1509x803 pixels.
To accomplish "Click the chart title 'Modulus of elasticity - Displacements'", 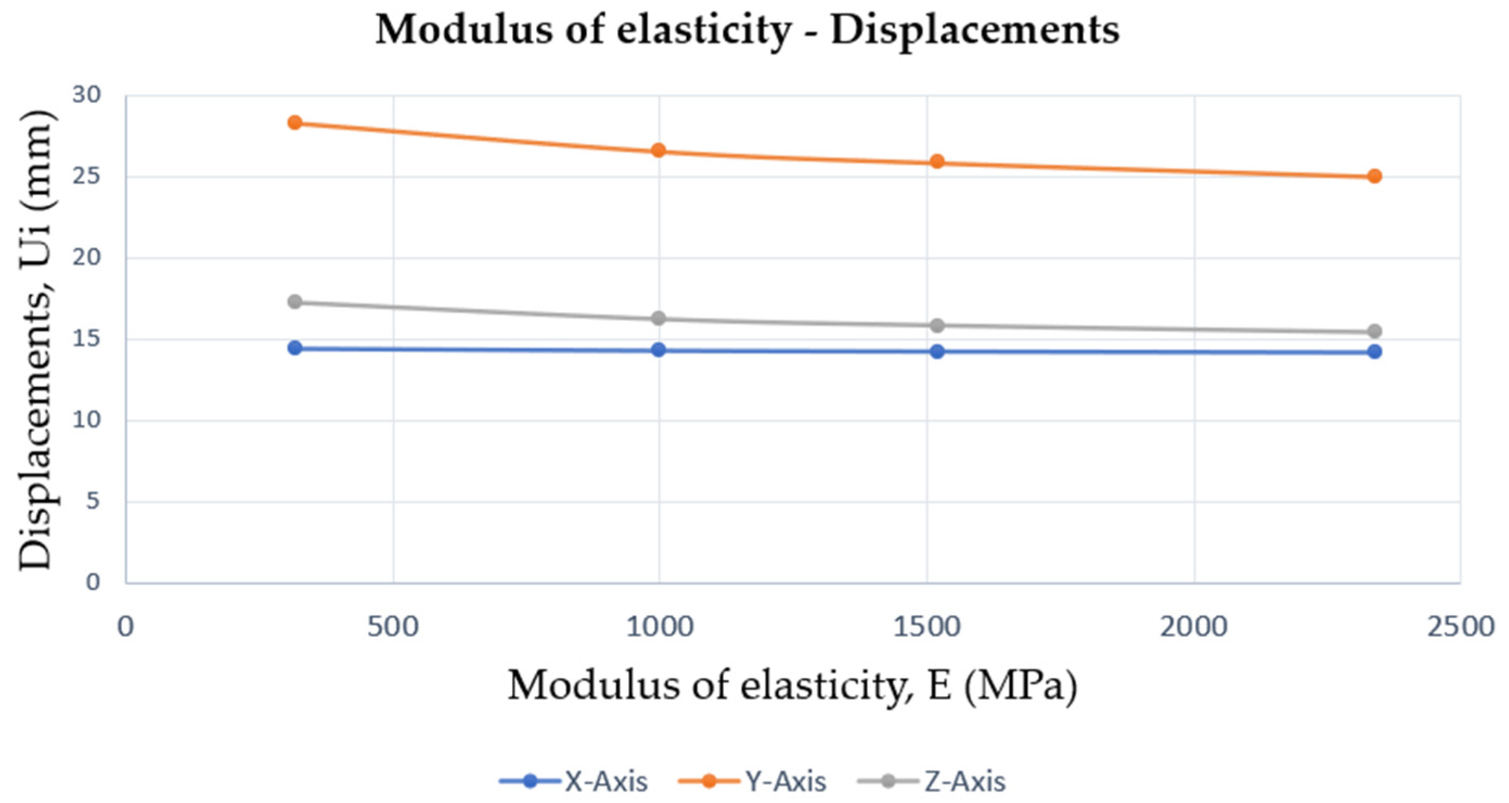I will (747, 29).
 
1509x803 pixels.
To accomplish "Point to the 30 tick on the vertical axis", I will (87, 95).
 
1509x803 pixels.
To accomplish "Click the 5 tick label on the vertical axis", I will (94, 501).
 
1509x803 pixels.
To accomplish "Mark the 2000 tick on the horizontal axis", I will (1195, 627).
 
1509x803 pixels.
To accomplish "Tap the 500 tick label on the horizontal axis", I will (393, 627).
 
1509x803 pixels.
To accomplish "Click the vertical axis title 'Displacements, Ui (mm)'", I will (36, 340).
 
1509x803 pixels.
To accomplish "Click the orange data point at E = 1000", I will (659, 151).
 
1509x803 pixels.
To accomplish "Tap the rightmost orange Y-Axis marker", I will (1374, 176).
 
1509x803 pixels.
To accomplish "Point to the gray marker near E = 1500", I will (937, 325).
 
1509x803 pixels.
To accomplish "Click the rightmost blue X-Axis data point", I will (1374, 352).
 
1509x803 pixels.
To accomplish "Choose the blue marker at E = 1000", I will (659, 349).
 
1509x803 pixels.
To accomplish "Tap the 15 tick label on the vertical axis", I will (87, 339).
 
